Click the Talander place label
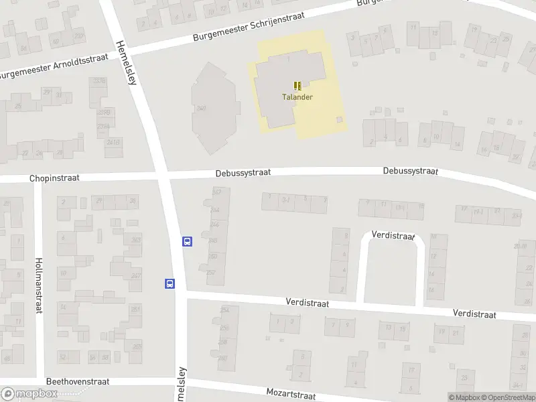tap(297, 96)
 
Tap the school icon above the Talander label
tap(297, 86)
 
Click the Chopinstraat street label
tap(54, 179)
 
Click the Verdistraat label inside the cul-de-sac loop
tap(393, 237)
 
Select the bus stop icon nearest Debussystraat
tap(188, 241)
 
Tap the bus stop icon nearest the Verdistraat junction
tap(170, 283)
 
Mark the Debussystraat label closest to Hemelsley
tap(243, 172)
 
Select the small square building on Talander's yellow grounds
tap(339, 119)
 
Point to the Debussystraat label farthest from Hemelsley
tap(410, 172)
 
